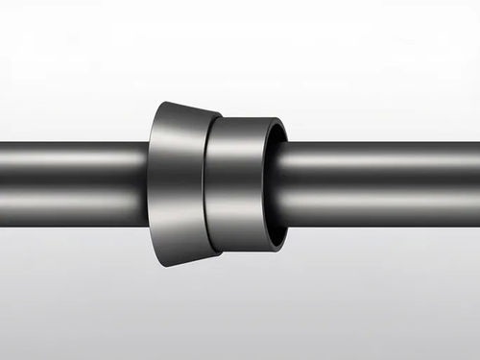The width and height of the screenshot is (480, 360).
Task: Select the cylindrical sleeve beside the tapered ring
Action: pyautogui.click(x=240, y=182)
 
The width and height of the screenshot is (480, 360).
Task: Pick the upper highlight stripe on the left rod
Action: pyautogui.click(x=72, y=156)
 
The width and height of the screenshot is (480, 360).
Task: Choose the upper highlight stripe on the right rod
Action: pyautogui.click(x=384, y=156)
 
